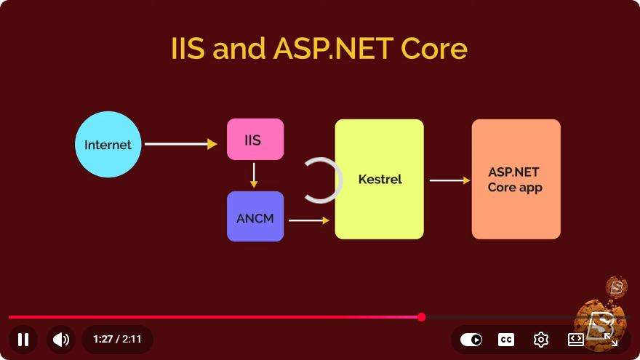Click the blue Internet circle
[108, 144]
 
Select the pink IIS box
[255, 139]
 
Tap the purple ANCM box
[255, 216]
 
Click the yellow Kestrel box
[379, 179]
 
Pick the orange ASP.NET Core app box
[516, 179]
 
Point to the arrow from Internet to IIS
[181, 144]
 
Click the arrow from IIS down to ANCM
[254, 175]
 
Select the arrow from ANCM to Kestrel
[309, 220]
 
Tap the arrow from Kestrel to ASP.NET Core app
[449, 180]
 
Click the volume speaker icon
[61, 339]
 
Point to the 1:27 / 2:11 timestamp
[117, 339]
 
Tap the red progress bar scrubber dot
[422, 317]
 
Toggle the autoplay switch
[471, 339]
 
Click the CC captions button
[506, 340]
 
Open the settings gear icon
[541, 339]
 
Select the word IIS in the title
[188, 49]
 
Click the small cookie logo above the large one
[616, 287]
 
